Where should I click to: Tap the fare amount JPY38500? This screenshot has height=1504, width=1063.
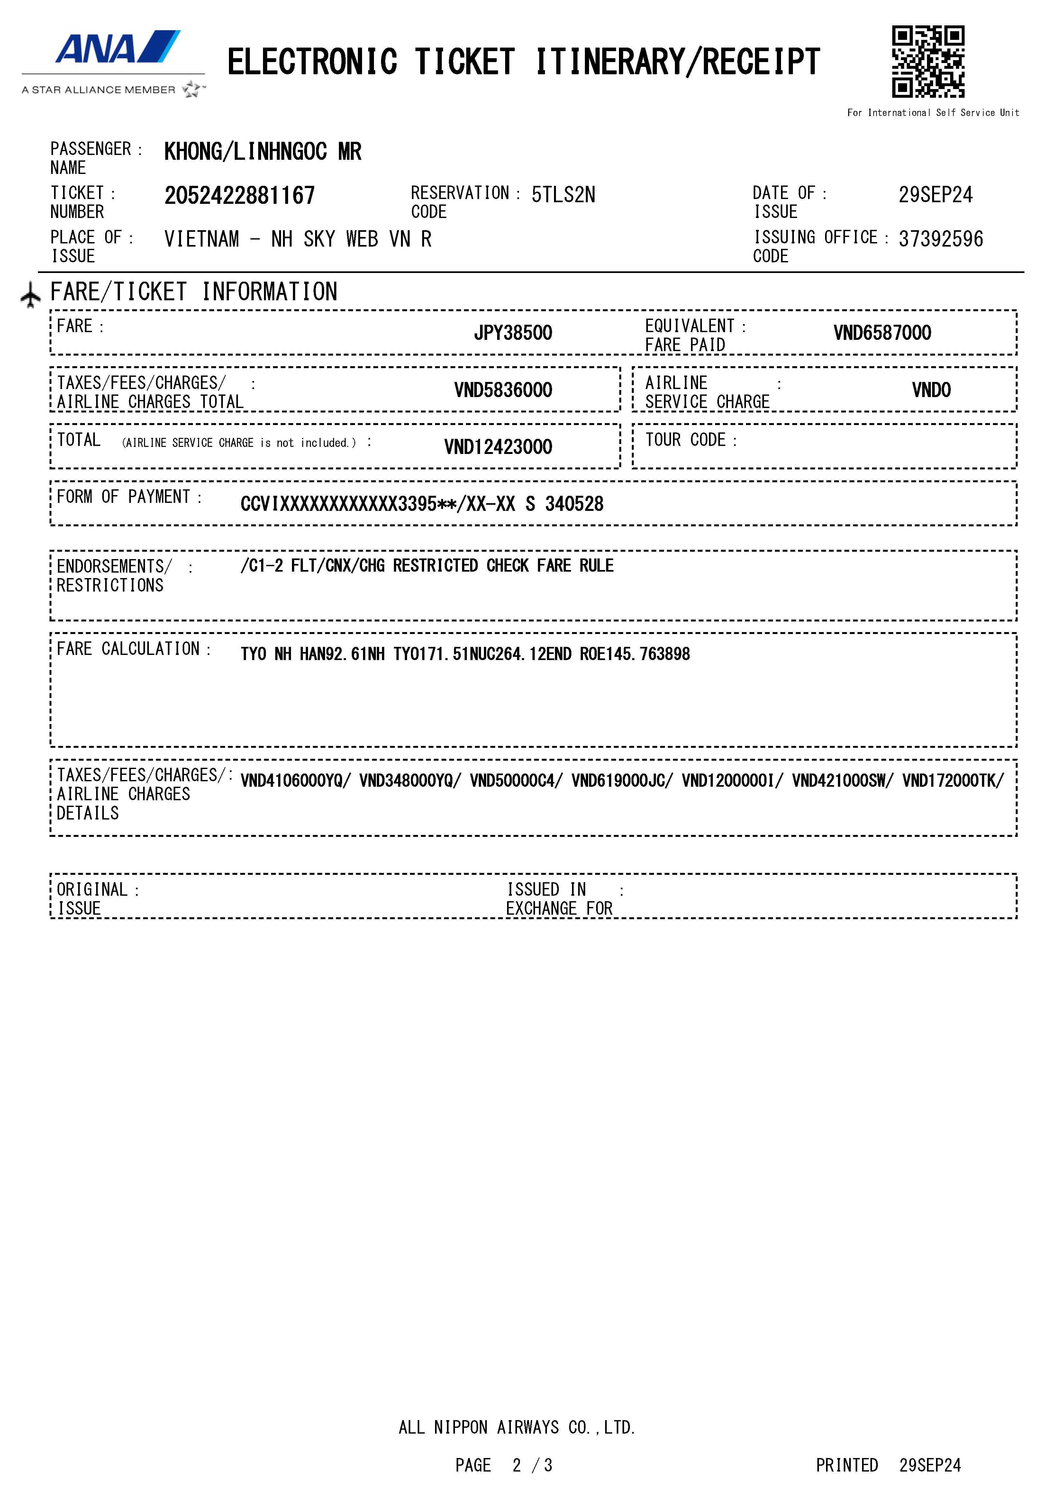point(513,333)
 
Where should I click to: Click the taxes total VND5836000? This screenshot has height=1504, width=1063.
point(503,390)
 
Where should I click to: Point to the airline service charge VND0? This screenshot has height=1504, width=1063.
point(931,390)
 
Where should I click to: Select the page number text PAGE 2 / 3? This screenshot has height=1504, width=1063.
point(504,1465)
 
